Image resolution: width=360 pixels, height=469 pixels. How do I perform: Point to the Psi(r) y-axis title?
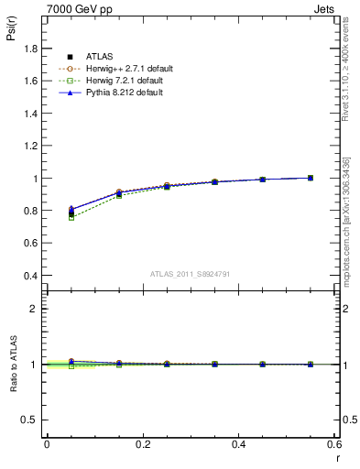(10, 36)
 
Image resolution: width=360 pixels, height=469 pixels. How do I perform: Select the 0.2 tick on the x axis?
(142, 443)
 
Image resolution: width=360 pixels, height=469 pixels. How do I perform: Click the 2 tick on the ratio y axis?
(35, 309)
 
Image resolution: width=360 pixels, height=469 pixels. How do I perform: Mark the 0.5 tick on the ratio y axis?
(29, 420)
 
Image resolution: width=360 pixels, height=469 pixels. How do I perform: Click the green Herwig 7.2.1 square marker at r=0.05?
(71, 217)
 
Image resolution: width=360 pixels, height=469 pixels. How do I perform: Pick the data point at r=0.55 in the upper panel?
(311, 178)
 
